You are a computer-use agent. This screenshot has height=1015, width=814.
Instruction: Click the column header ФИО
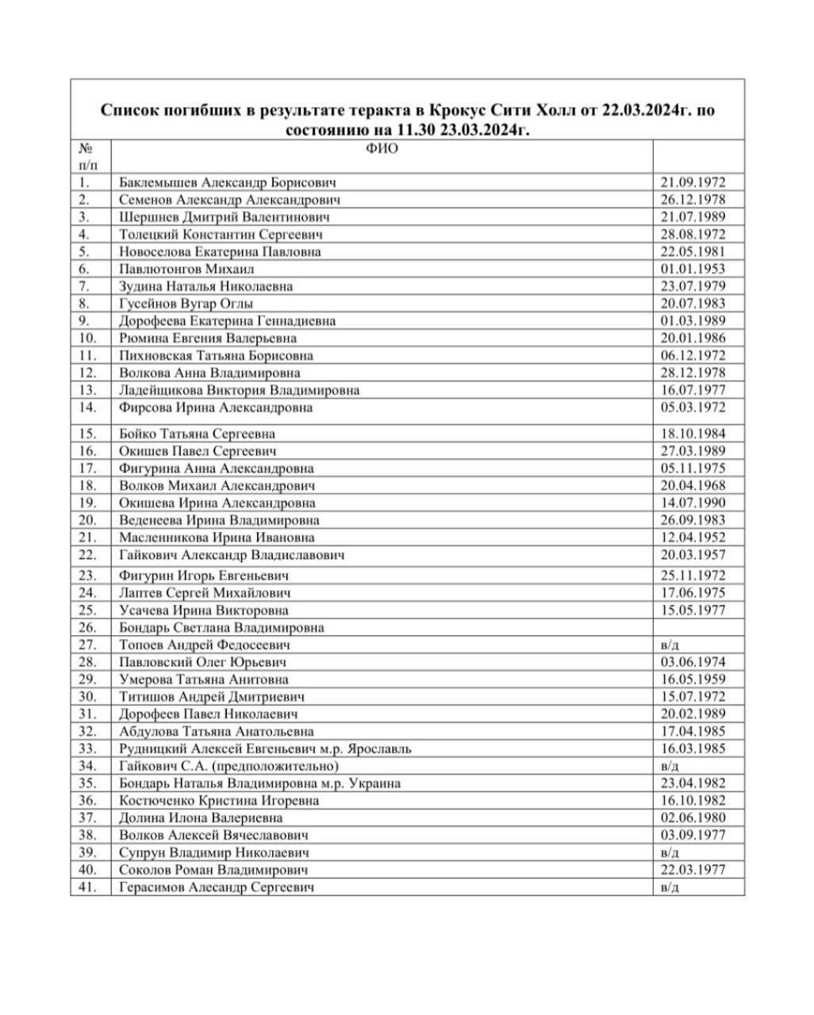[x=382, y=148]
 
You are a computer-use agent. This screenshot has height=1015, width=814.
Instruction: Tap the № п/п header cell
[x=89, y=156]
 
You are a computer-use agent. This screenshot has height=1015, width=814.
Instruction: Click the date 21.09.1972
[x=693, y=182]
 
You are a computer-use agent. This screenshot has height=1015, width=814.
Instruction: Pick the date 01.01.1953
[x=693, y=269]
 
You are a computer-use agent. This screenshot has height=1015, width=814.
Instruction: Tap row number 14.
[x=88, y=408]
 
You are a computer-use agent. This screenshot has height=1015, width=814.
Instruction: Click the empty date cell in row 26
[x=698, y=627]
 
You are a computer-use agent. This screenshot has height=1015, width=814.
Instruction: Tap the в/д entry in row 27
[x=670, y=645]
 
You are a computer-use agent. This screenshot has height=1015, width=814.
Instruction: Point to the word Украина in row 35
[x=373, y=783]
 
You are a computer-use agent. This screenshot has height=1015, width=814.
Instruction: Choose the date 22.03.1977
[x=693, y=870]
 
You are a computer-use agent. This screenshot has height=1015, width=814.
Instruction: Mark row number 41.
[x=88, y=887]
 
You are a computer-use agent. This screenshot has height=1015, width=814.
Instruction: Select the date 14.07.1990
[x=693, y=503]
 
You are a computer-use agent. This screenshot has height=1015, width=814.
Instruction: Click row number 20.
[x=88, y=520]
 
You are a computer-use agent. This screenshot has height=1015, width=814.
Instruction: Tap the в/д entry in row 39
[x=670, y=852]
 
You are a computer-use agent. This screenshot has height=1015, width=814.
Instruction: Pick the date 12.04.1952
[x=693, y=538]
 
